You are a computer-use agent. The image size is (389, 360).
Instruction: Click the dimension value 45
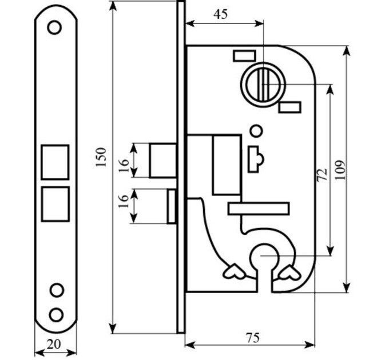[221, 14]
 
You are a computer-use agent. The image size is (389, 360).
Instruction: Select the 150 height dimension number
[101, 157]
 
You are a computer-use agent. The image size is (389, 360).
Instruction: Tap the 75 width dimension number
[253, 338]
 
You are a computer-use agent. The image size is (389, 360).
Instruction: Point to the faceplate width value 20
[54, 344]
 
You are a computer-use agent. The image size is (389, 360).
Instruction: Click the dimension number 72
[323, 175]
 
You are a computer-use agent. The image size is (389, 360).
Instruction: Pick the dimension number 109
[340, 170]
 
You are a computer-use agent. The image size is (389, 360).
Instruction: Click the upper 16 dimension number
[124, 166]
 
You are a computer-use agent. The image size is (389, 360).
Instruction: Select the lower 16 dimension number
[124, 201]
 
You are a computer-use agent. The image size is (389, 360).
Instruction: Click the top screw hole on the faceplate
[54, 27]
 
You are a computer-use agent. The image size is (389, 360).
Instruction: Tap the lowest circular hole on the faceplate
[56, 315]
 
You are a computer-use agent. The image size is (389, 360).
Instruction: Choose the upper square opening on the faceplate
[55, 162]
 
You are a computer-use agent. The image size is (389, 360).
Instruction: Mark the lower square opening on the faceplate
[55, 204]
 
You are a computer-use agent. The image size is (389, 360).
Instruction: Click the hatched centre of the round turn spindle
[263, 85]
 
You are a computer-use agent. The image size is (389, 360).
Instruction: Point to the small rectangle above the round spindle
[244, 56]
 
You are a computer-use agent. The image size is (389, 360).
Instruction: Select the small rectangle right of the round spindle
[290, 107]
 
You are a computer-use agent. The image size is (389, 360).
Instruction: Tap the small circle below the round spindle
[256, 131]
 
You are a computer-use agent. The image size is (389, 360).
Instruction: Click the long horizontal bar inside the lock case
[259, 209]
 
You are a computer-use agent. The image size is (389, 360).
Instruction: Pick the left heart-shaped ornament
[234, 272]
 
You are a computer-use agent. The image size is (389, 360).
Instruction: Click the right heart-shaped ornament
[289, 272]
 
